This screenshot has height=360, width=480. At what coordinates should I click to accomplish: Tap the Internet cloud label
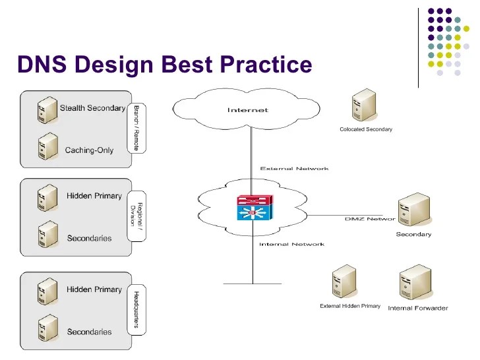(248, 110)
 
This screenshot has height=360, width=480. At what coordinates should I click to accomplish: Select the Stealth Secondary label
(92, 107)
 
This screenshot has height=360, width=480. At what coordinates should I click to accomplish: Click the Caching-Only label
(89, 150)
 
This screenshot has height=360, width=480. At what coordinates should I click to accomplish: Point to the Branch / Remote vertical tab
(136, 128)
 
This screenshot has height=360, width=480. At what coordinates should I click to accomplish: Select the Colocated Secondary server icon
(364, 105)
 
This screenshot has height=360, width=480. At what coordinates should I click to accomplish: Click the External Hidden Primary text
(350, 306)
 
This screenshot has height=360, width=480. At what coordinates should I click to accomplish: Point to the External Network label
(294, 169)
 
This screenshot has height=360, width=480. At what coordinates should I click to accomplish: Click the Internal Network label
(292, 244)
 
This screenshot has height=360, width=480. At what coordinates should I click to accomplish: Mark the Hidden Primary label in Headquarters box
(94, 289)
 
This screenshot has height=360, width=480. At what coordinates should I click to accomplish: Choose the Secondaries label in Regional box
(89, 238)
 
